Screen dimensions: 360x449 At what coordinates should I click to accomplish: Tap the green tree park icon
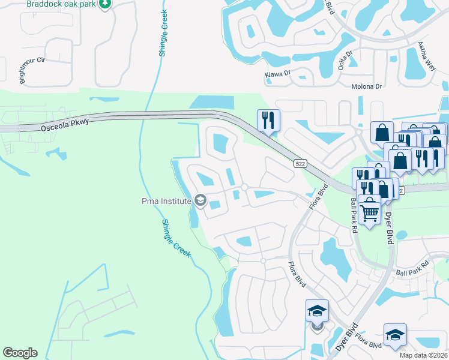coord(106,4)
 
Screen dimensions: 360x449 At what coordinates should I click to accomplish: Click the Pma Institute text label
coord(166,201)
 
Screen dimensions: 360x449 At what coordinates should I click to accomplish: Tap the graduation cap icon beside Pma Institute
coord(200,201)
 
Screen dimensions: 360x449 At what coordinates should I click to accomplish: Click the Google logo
coord(20,353)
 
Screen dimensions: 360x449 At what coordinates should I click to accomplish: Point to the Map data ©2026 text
coord(424,355)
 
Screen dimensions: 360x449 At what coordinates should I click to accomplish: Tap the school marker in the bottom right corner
coord(395,335)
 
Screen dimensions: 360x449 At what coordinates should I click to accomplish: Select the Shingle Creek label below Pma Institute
coord(176,238)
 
